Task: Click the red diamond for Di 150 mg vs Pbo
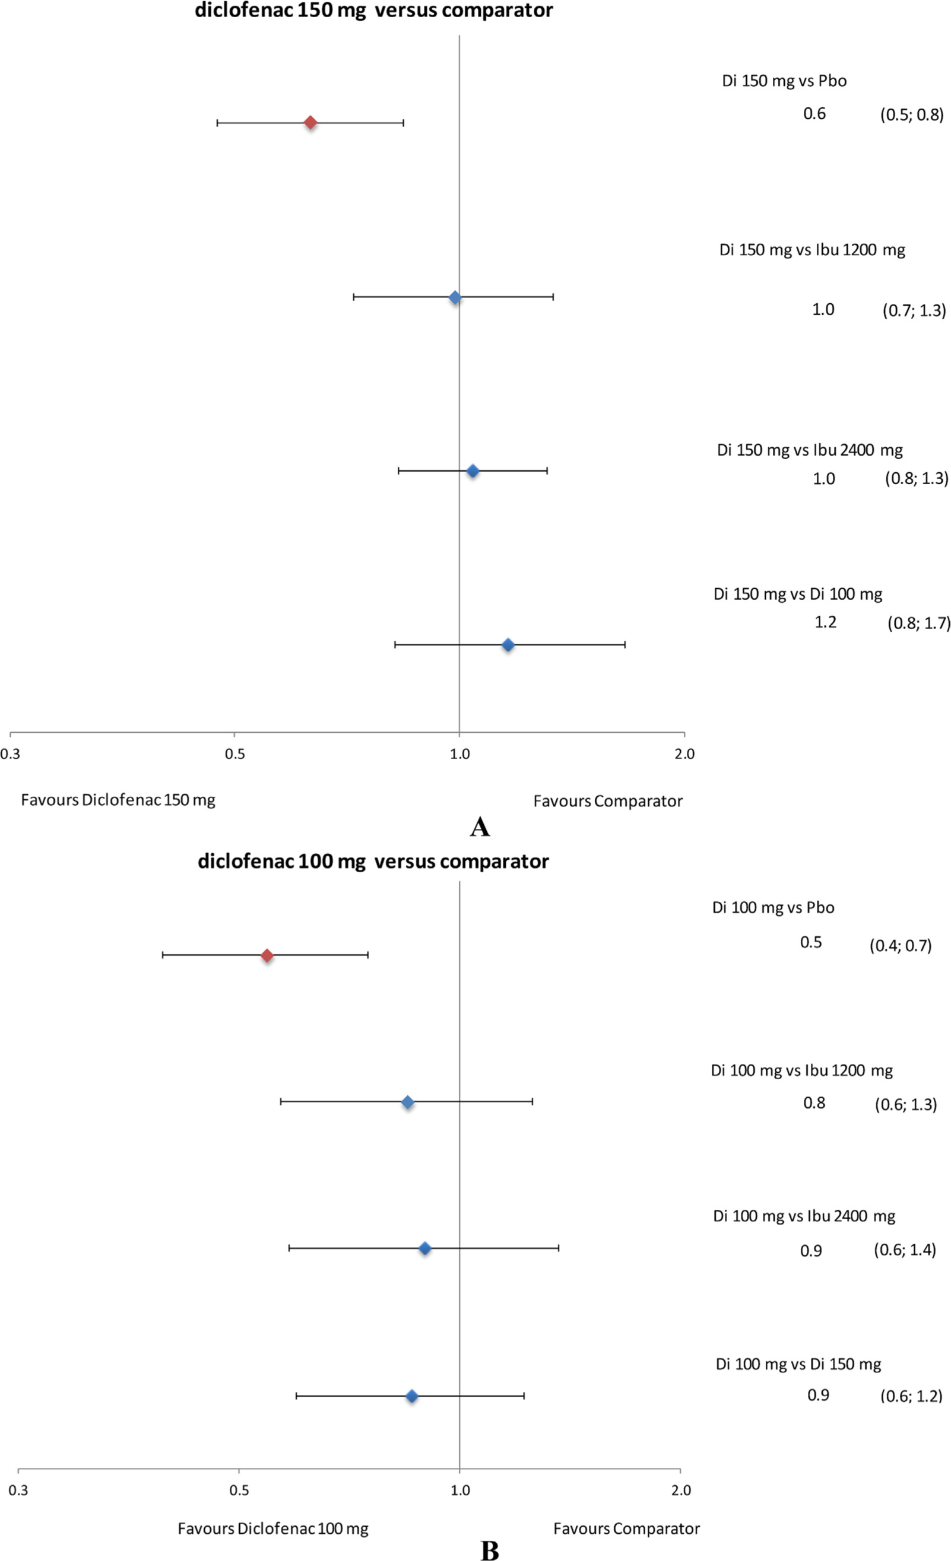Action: click(x=310, y=122)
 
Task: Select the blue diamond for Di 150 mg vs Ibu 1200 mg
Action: click(x=455, y=297)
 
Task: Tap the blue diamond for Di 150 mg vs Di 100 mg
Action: click(x=508, y=645)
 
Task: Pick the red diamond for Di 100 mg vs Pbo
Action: click(x=267, y=955)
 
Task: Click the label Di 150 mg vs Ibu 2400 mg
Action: click(x=810, y=450)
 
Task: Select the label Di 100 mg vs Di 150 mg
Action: click(x=798, y=1364)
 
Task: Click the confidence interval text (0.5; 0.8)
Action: click(x=912, y=115)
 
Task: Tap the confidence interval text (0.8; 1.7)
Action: click(x=919, y=624)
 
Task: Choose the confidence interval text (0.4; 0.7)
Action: click(x=901, y=946)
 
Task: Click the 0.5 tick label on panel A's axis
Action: click(x=234, y=754)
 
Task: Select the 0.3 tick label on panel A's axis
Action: click(x=10, y=754)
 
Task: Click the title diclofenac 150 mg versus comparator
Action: click(x=373, y=11)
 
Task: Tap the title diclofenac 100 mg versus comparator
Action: click(x=373, y=861)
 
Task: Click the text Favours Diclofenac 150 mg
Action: click(x=118, y=800)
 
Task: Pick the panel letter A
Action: click(x=479, y=826)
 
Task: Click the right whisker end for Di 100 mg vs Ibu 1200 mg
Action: click(x=532, y=1102)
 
